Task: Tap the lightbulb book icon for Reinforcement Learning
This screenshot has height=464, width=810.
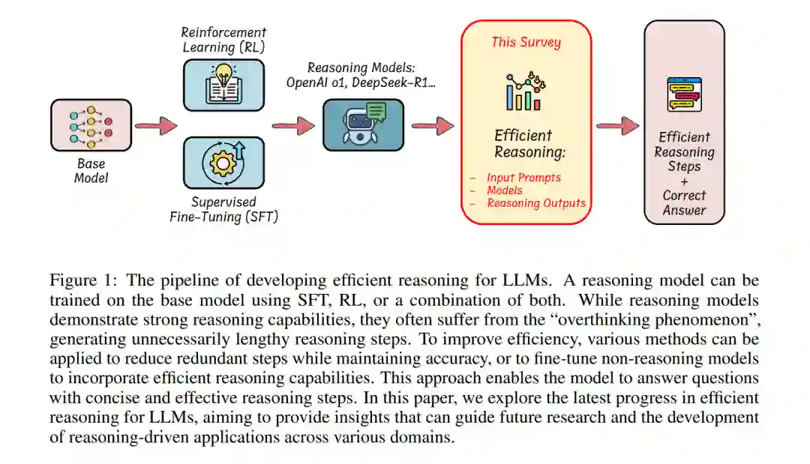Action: click(223, 82)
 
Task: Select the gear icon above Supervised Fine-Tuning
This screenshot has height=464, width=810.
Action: click(223, 162)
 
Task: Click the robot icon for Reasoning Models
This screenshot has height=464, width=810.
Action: click(363, 124)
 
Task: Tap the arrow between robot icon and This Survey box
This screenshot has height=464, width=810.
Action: click(433, 125)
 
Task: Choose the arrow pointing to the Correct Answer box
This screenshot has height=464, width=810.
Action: click(618, 125)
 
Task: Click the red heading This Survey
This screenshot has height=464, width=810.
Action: click(525, 42)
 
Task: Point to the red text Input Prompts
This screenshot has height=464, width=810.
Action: click(523, 178)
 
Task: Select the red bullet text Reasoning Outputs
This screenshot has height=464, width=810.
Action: click(535, 202)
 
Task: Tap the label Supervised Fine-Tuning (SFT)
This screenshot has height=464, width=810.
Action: click(223, 210)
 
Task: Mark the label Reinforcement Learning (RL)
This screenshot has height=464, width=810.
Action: click(223, 40)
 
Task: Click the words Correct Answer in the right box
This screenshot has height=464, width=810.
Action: click(684, 202)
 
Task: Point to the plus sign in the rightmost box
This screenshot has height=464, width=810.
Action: click(684, 181)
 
